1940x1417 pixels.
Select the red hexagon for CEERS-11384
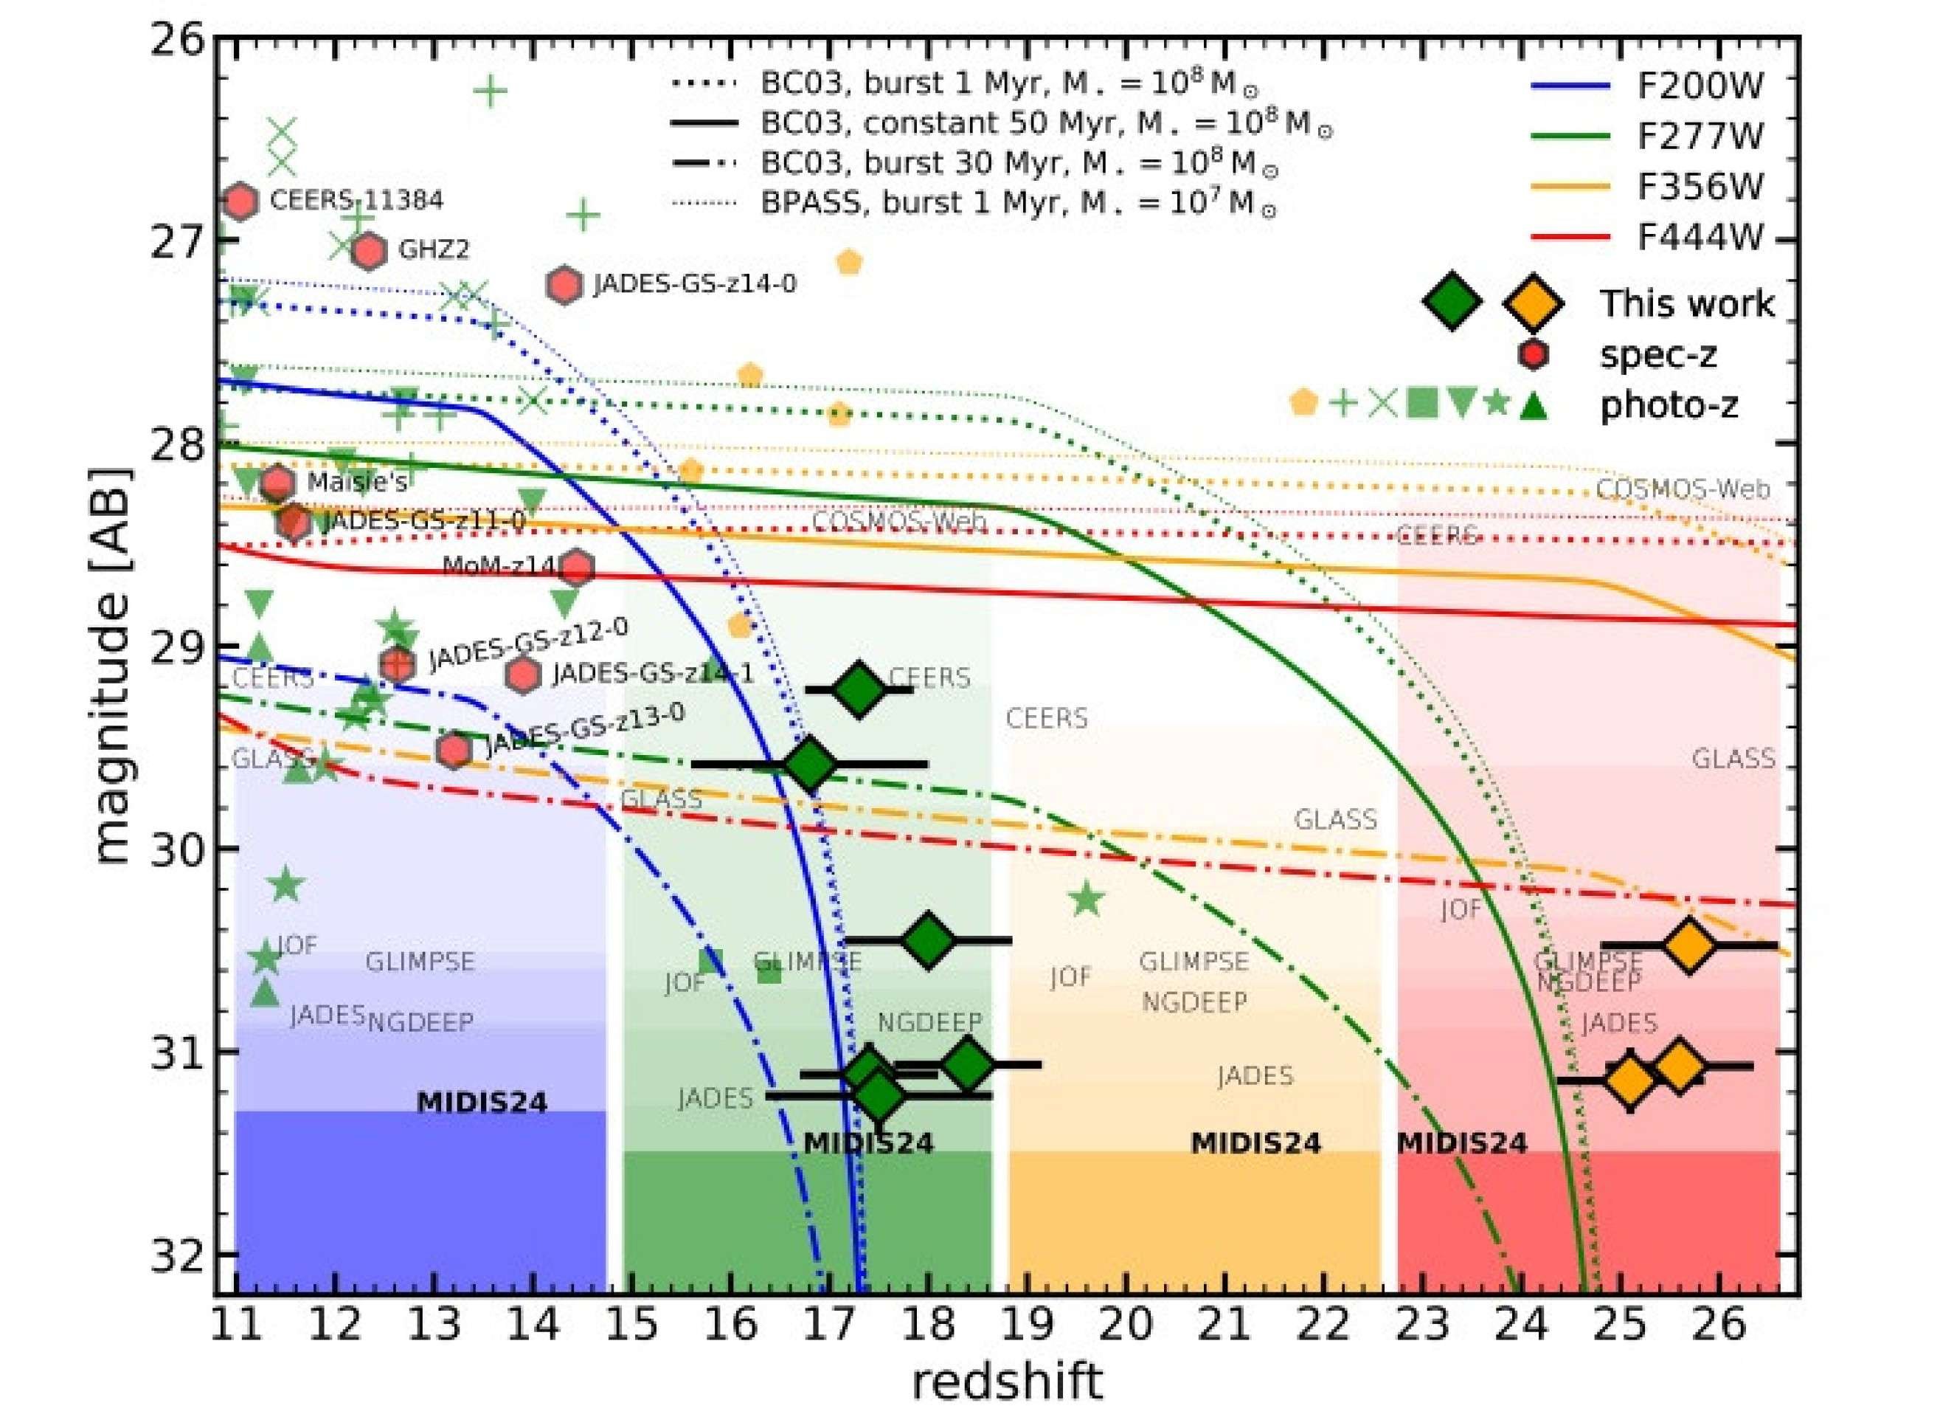click(241, 201)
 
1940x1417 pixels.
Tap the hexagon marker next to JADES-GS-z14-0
click(564, 285)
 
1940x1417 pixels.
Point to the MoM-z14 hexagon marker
click(577, 567)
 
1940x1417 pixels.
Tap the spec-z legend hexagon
click(1532, 354)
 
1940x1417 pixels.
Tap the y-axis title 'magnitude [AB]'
click(111, 666)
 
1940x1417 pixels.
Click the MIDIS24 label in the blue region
click(482, 1102)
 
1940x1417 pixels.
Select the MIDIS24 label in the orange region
click(1256, 1143)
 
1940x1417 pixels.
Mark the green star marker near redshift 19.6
click(1087, 899)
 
